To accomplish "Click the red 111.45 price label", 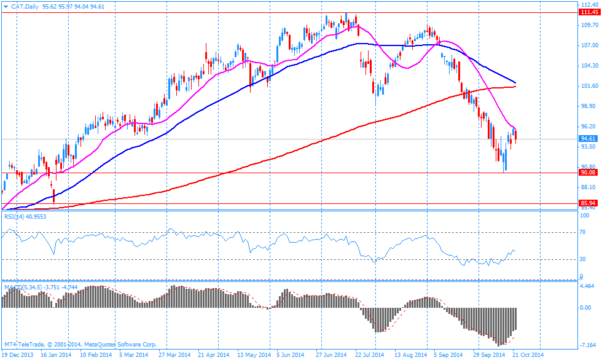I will click(x=588, y=12).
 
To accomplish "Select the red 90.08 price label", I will click(x=588, y=173).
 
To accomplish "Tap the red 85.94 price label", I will click(x=588, y=203).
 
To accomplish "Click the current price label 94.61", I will click(x=588, y=139).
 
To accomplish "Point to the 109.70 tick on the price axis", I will click(x=589, y=25).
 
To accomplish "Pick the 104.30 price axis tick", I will click(x=589, y=66).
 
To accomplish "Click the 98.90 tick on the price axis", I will click(x=589, y=106).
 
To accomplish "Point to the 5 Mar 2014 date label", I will click(x=133, y=354).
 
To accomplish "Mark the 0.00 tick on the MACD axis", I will click(x=587, y=307).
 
